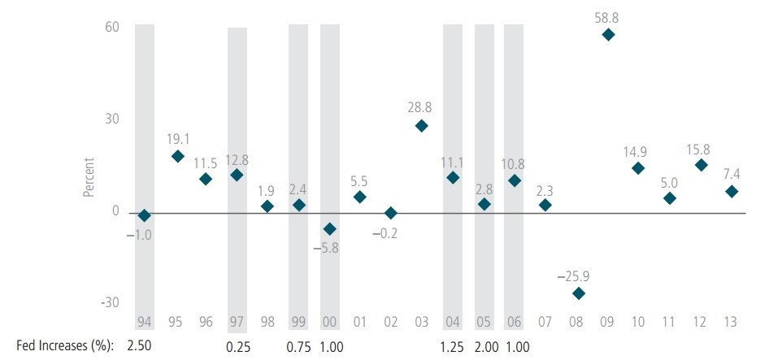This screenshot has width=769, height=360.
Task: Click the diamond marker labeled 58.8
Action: pyautogui.click(x=608, y=35)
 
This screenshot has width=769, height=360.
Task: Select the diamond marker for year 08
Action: pyautogui.click(x=577, y=293)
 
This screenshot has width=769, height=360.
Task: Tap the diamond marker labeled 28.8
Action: pyautogui.click(x=422, y=126)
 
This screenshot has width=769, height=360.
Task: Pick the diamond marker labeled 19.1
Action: pyautogui.click(x=176, y=156)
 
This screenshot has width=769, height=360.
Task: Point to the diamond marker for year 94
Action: pyautogui.click(x=145, y=215)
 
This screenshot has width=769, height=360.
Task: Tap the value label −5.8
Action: pyautogui.click(x=329, y=248)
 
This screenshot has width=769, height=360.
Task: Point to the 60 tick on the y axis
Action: pyautogui.click(x=111, y=27)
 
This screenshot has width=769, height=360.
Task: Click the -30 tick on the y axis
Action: pyautogui.click(x=109, y=302)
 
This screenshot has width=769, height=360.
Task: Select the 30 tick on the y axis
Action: pyautogui.click(x=111, y=119)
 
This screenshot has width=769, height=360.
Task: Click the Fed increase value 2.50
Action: pyautogui.click(x=140, y=346)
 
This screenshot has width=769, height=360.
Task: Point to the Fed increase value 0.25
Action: pyautogui.click(x=237, y=346)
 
